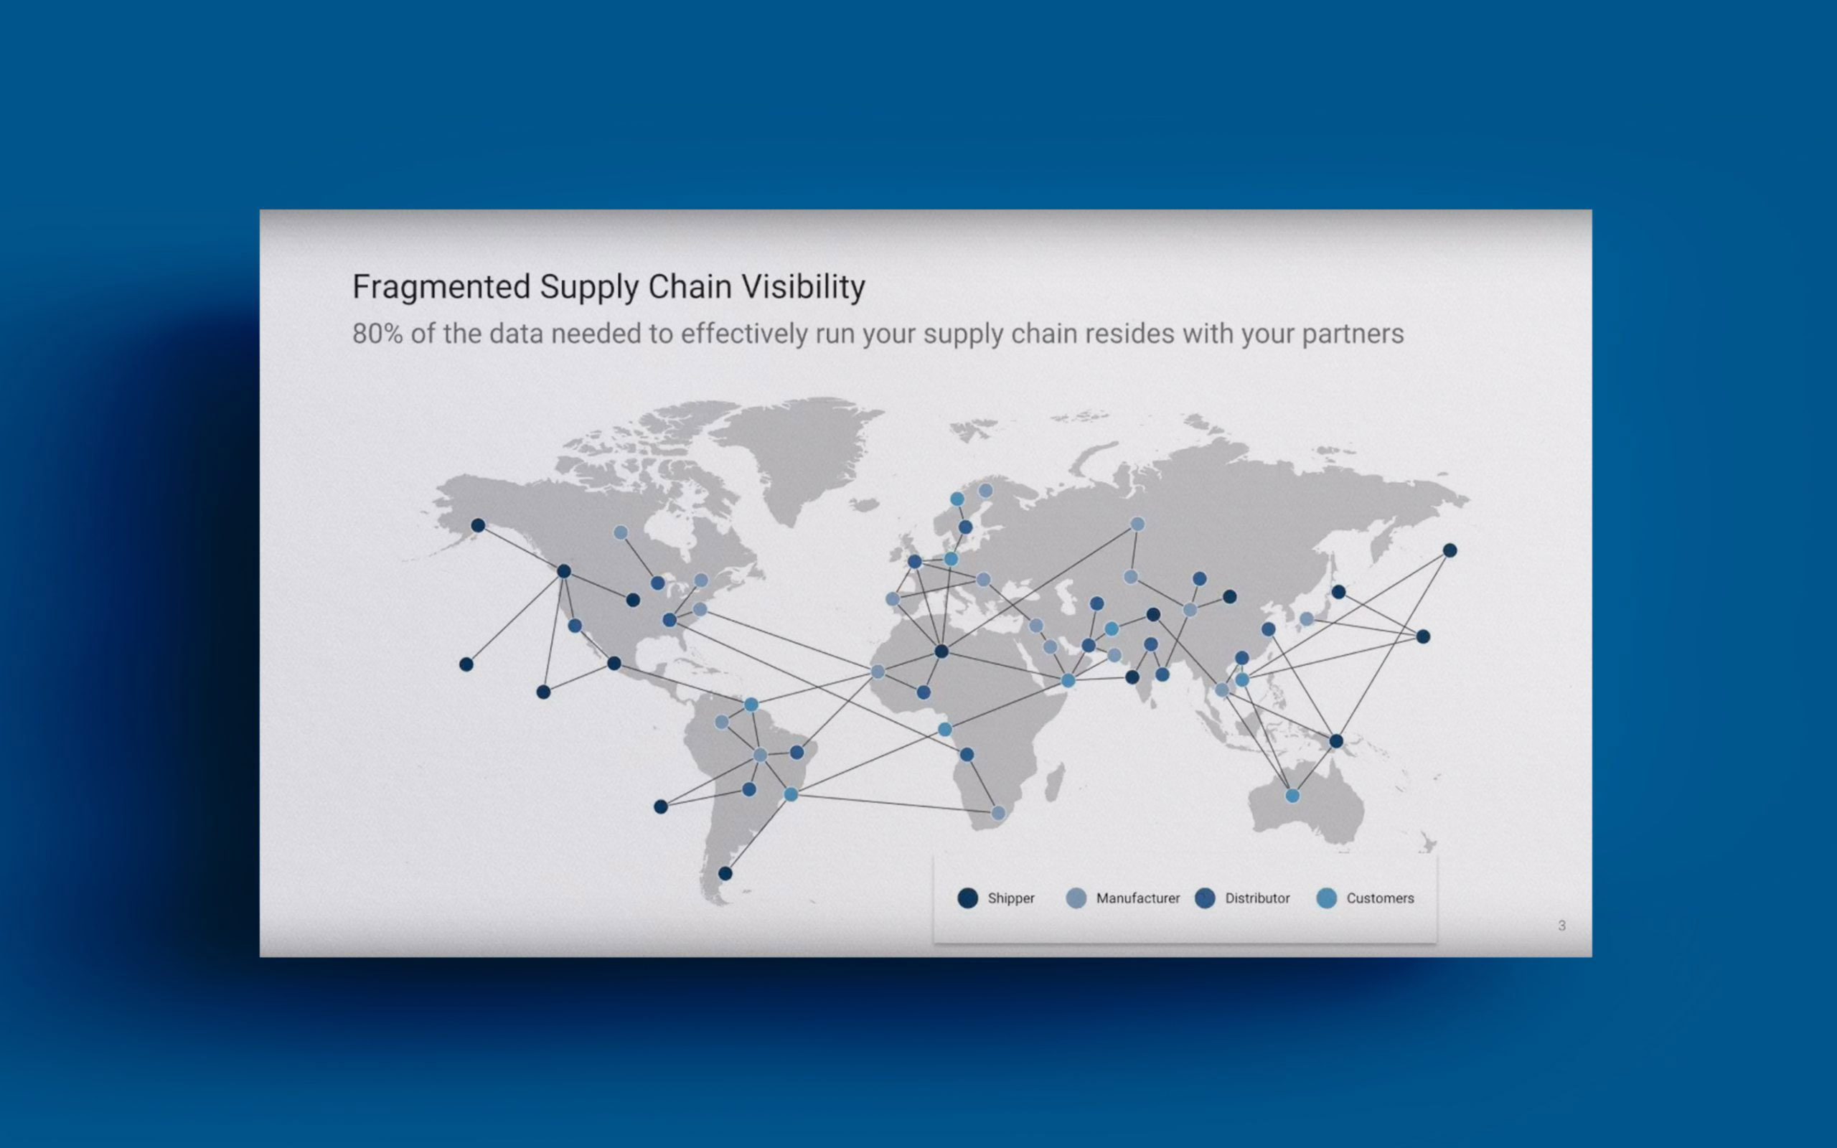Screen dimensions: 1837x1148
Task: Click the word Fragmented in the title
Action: [441, 288]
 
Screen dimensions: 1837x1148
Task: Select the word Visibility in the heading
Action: [803, 288]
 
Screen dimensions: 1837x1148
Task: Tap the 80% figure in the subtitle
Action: [377, 334]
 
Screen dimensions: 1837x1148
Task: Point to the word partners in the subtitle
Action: [1353, 334]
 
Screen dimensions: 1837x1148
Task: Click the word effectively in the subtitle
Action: [744, 334]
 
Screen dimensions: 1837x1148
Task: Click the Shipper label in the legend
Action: [1011, 898]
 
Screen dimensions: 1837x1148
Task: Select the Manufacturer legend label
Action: [1138, 898]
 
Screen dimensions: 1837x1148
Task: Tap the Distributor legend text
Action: [1257, 898]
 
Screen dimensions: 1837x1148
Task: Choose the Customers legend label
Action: [1380, 898]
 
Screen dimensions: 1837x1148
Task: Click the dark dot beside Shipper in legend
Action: [968, 898]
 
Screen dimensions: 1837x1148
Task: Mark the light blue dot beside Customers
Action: [1326, 898]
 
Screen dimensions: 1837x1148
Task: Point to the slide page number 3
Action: [1561, 926]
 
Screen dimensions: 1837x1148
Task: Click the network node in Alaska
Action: [477, 525]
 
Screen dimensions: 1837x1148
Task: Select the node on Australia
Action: [1292, 796]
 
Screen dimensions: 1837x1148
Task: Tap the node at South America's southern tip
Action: [725, 873]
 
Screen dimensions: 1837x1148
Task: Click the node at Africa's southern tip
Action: [998, 813]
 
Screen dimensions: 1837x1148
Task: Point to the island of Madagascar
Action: [1054, 782]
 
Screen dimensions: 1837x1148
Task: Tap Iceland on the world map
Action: [864, 504]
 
